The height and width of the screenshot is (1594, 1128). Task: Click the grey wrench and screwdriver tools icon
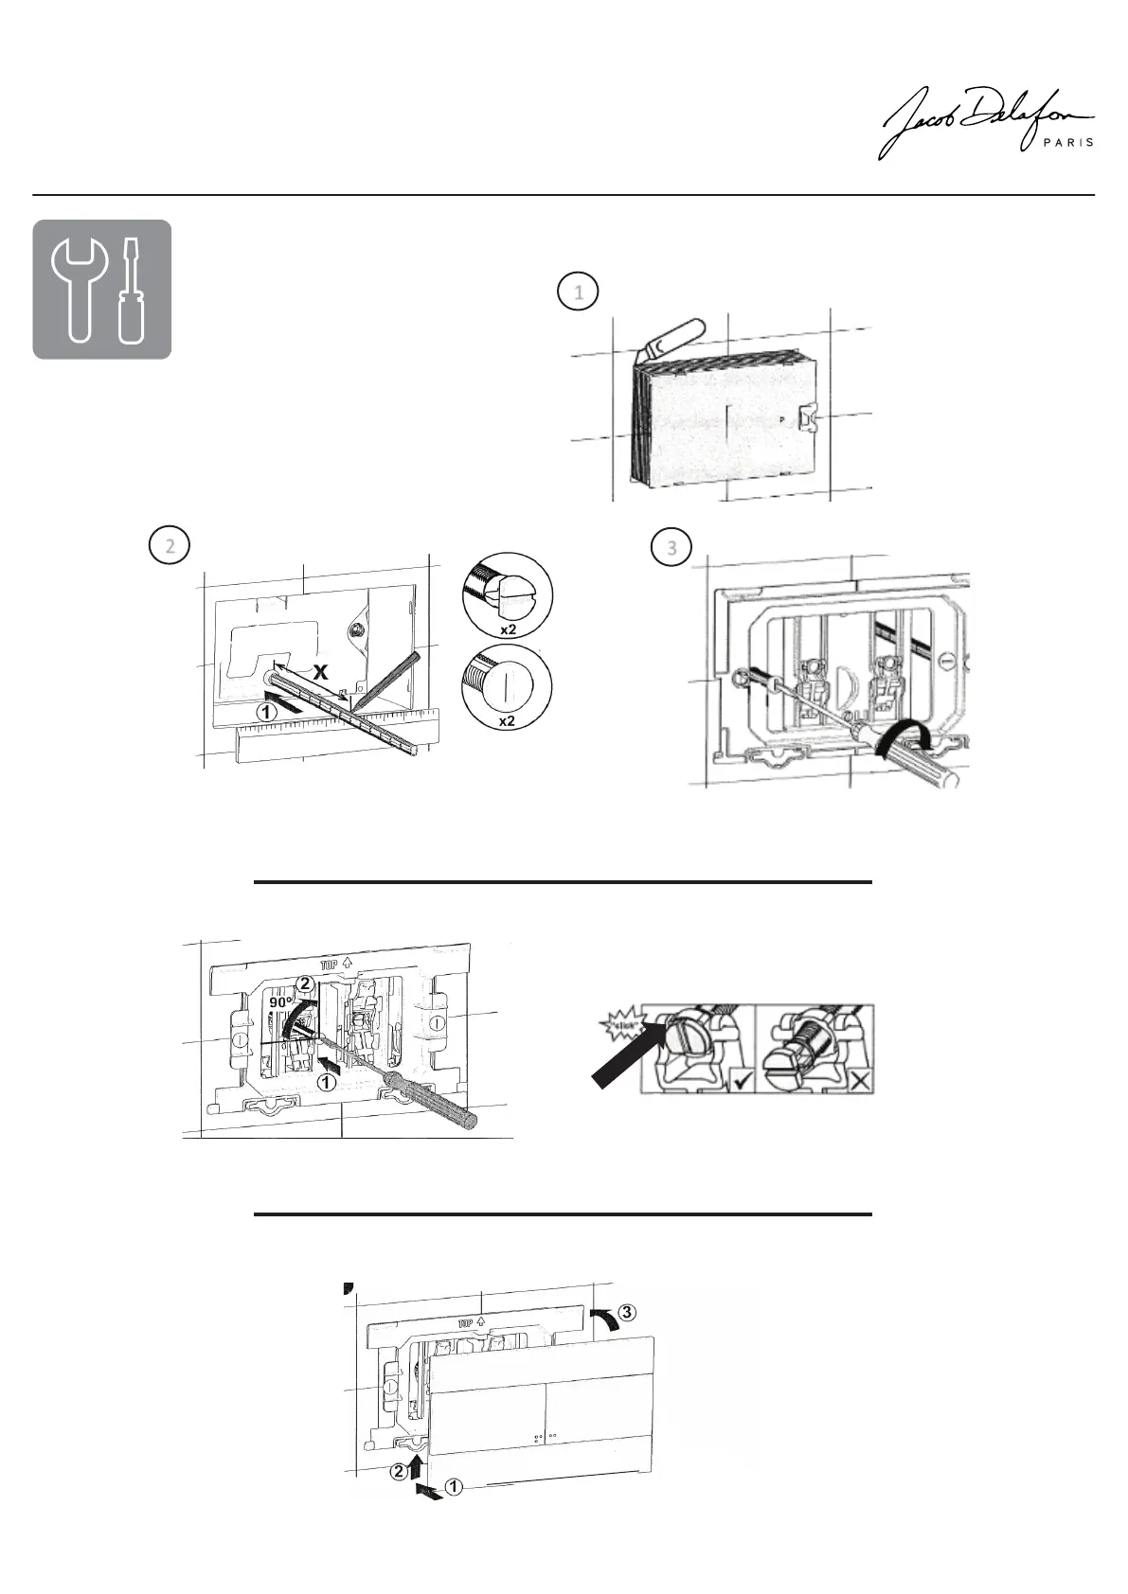102,290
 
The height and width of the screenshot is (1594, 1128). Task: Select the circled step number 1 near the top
579,292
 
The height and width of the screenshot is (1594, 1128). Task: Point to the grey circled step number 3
672,548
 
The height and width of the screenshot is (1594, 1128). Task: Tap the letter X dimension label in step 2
321,673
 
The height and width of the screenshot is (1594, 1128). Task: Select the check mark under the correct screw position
736,1079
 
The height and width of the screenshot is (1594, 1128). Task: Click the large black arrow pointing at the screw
631,1056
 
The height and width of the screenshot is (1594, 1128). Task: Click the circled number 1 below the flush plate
453,1488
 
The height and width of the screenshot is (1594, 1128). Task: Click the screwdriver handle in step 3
923,755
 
